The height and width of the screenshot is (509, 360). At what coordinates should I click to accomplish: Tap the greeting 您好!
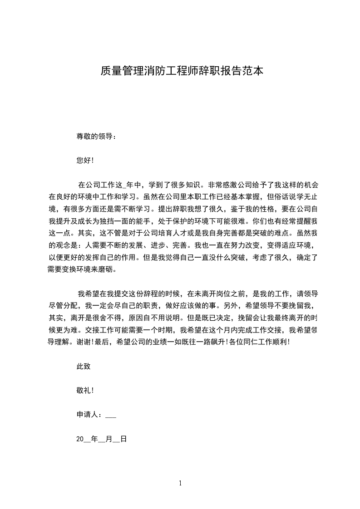[x=85, y=160]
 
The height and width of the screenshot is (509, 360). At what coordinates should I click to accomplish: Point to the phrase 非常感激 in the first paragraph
[x=222, y=185]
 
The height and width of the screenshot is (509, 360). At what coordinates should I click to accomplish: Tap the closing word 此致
[x=84, y=366]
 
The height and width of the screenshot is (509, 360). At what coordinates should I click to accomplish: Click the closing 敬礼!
[x=85, y=390]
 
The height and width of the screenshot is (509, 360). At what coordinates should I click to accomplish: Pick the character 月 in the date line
[x=108, y=439]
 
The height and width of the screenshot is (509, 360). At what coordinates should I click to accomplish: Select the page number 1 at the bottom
[x=180, y=483]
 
